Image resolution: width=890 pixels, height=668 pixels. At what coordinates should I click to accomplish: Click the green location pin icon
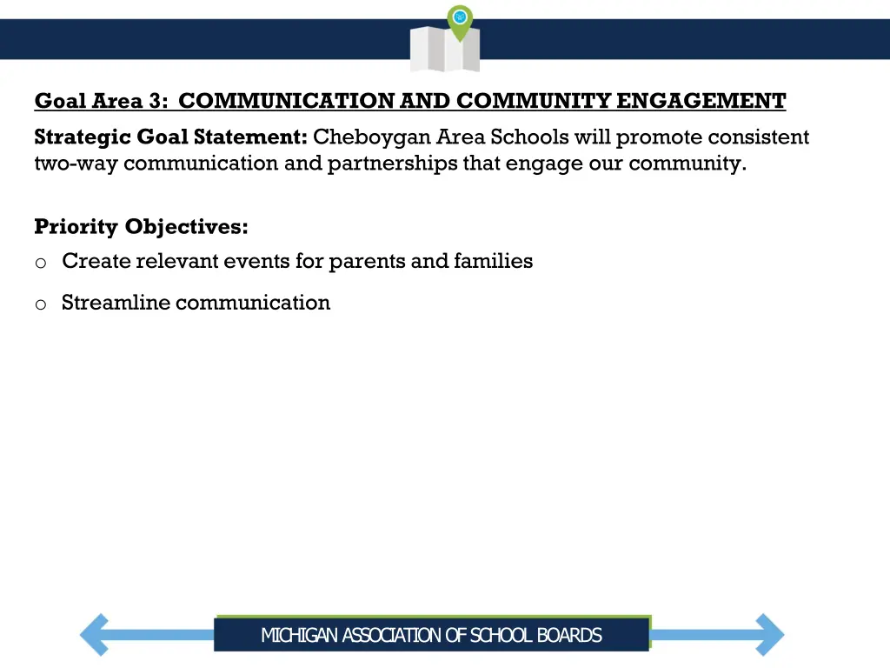(460, 20)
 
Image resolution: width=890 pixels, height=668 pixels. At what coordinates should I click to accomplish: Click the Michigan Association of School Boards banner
(431, 635)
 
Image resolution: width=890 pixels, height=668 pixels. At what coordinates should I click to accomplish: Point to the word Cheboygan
(372, 137)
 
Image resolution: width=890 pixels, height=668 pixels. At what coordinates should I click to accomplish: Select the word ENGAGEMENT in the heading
(701, 102)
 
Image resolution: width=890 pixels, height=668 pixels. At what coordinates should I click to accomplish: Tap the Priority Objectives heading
(141, 227)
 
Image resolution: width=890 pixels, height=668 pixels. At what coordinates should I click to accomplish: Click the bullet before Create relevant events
(40, 262)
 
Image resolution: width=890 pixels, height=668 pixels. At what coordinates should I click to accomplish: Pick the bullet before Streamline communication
(40, 304)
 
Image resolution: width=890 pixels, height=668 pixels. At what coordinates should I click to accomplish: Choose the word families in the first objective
(493, 261)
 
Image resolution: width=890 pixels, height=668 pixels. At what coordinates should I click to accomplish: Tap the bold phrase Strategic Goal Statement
(170, 137)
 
